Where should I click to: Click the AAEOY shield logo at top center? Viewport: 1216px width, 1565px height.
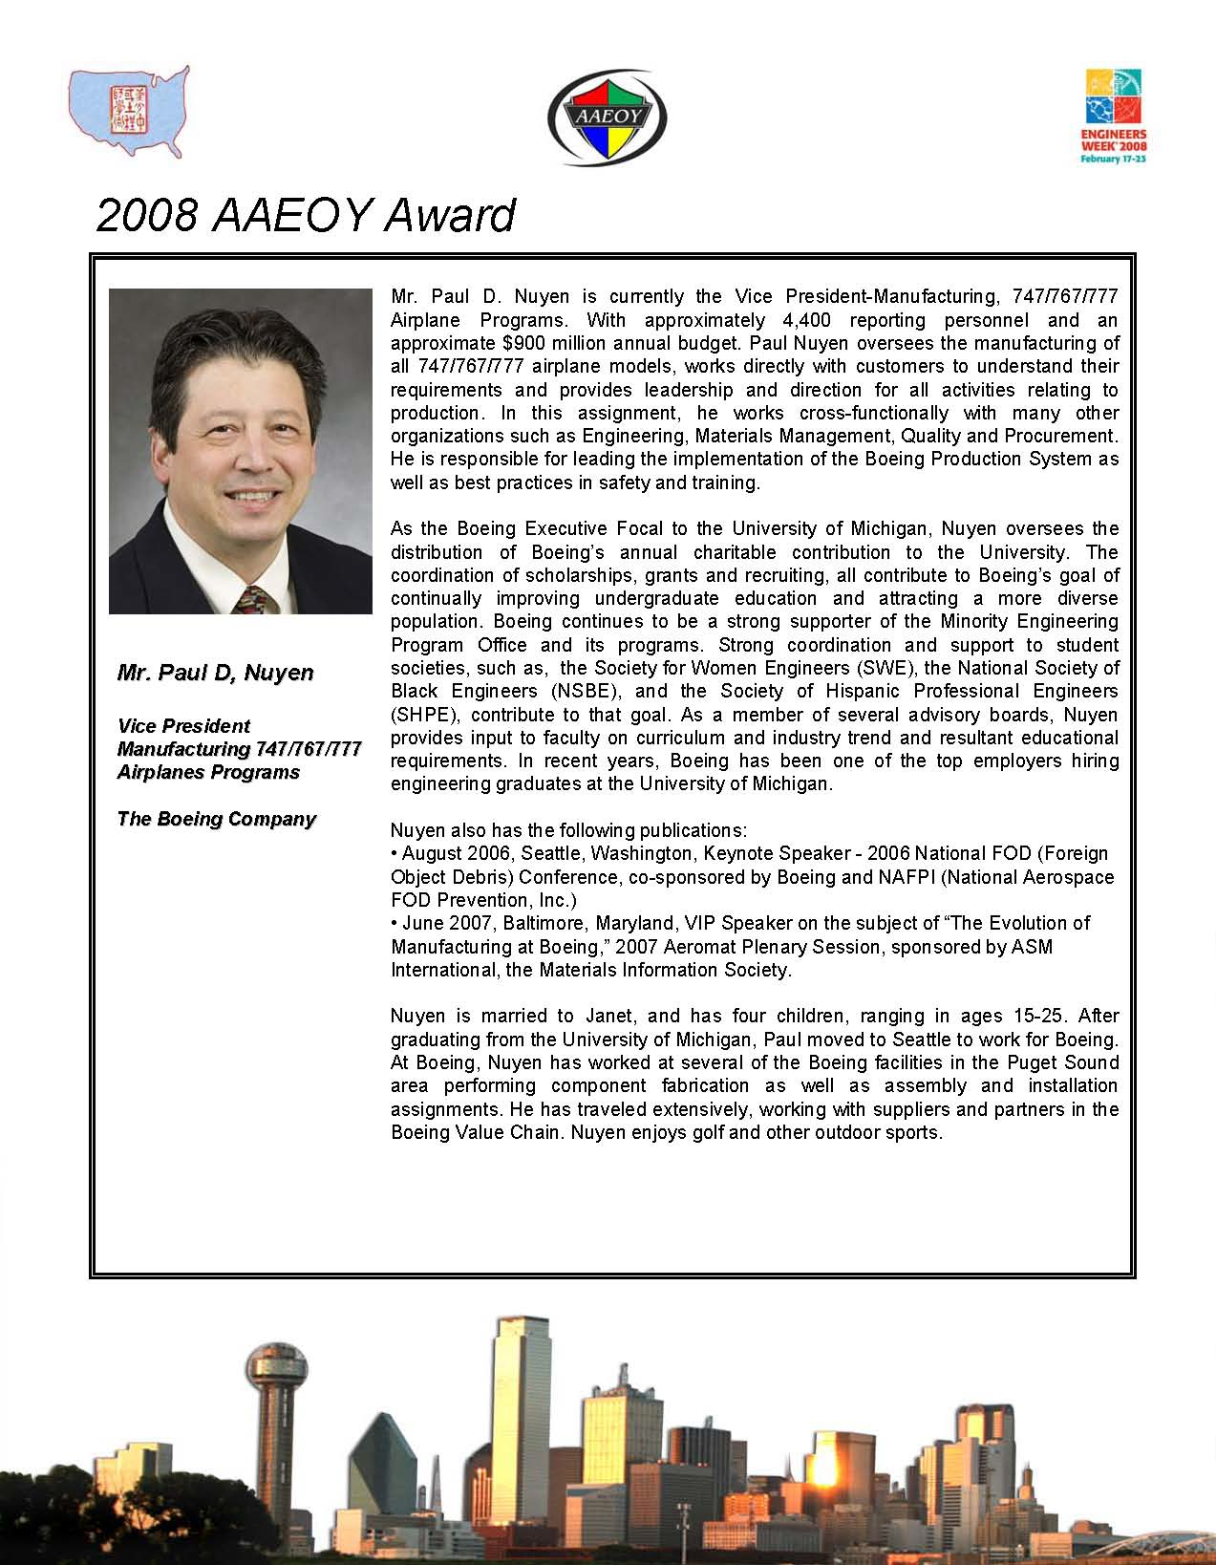(x=608, y=118)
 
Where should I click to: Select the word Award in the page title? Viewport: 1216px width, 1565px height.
(x=449, y=215)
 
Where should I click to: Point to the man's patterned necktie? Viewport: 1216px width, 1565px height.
(x=251, y=601)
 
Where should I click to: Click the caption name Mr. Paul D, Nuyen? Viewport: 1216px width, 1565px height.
(x=215, y=673)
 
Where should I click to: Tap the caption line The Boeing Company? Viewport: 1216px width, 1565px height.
(x=216, y=819)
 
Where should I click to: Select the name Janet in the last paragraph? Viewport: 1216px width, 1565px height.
(x=610, y=1016)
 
